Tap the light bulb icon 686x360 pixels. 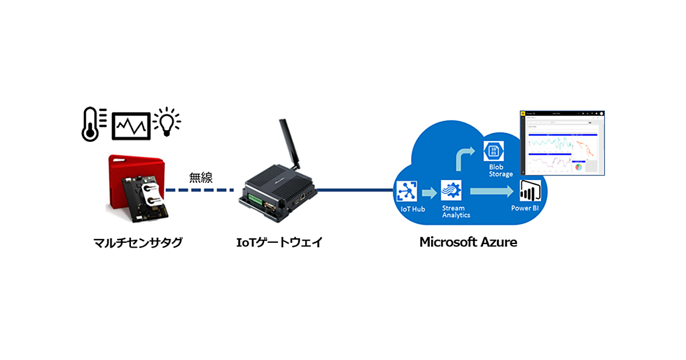point(167,121)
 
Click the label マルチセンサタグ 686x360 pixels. point(138,242)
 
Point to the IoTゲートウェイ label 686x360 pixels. point(280,242)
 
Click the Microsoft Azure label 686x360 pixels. point(468,242)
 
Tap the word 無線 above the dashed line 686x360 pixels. point(201,178)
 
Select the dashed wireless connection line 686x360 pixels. point(200,190)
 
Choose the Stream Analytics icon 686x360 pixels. point(451,189)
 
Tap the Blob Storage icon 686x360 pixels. point(493,151)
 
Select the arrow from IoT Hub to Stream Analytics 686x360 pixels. point(429,190)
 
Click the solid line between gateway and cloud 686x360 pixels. point(354,190)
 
